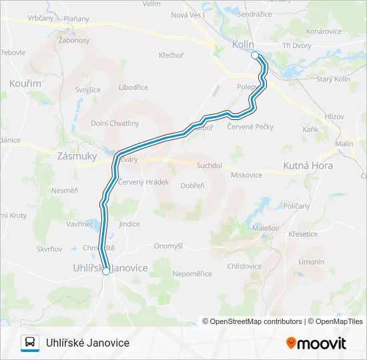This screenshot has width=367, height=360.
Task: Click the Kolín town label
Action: click(x=243, y=44)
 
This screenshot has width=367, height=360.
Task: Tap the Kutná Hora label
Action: click(x=308, y=164)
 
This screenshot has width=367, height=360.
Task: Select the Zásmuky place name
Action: click(x=77, y=155)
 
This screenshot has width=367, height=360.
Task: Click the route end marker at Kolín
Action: click(x=254, y=55)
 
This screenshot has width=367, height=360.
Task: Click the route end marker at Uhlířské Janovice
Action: click(x=105, y=271)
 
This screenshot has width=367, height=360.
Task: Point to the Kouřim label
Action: click(x=25, y=83)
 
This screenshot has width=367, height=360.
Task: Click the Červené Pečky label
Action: click(x=250, y=126)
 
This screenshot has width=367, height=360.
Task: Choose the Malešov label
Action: click(x=264, y=228)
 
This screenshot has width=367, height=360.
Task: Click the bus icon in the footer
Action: click(x=30, y=343)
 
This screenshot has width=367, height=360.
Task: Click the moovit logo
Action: click(x=316, y=343)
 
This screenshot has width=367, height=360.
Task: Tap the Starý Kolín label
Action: click(x=333, y=79)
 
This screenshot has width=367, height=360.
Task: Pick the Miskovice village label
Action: click(x=246, y=175)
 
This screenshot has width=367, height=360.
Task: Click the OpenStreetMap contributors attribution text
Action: click(x=252, y=321)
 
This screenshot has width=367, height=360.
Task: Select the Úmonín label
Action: click(x=312, y=261)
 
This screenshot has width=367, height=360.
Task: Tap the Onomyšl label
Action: click(x=168, y=245)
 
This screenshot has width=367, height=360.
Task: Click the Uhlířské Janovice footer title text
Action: click(x=87, y=343)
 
